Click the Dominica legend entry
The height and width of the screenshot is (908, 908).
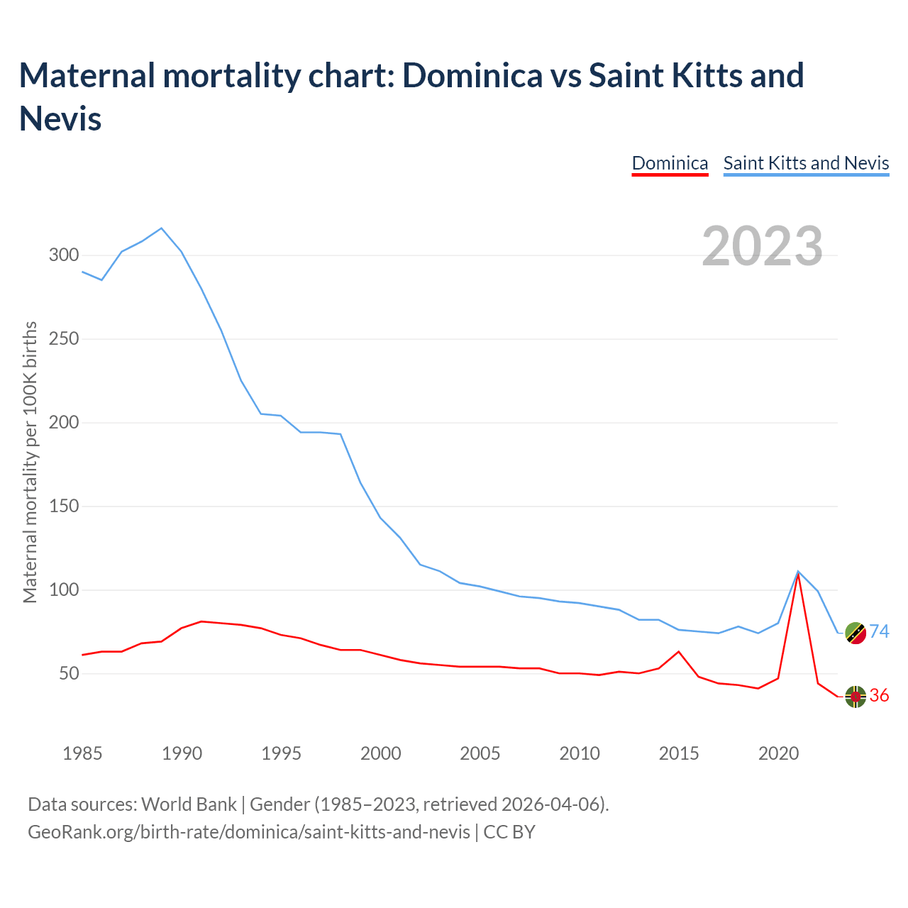[670, 163]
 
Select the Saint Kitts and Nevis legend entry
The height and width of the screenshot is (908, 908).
[806, 163]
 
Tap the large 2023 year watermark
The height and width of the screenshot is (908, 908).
[763, 246]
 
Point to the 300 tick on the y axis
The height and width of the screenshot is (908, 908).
[64, 255]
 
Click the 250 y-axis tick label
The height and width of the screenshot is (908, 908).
[64, 338]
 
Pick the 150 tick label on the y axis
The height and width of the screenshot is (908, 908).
[64, 506]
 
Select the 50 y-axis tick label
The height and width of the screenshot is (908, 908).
[69, 674]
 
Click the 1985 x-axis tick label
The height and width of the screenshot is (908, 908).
[82, 753]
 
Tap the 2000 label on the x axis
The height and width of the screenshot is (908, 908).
[381, 753]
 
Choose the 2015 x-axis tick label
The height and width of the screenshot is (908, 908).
[679, 753]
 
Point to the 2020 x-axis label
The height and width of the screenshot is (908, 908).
[779, 753]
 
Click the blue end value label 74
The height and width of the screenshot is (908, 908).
[880, 631]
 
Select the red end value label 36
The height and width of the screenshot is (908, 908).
[880, 696]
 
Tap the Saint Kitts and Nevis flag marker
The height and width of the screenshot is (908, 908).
[856, 633]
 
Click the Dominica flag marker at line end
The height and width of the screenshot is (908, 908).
[856, 697]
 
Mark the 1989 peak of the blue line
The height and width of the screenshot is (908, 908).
[162, 228]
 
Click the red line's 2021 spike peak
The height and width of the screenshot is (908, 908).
[799, 574]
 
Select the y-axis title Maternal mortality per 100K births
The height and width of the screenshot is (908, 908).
[30, 462]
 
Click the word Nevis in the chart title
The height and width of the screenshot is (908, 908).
[60, 118]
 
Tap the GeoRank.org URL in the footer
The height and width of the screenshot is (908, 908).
[248, 831]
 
